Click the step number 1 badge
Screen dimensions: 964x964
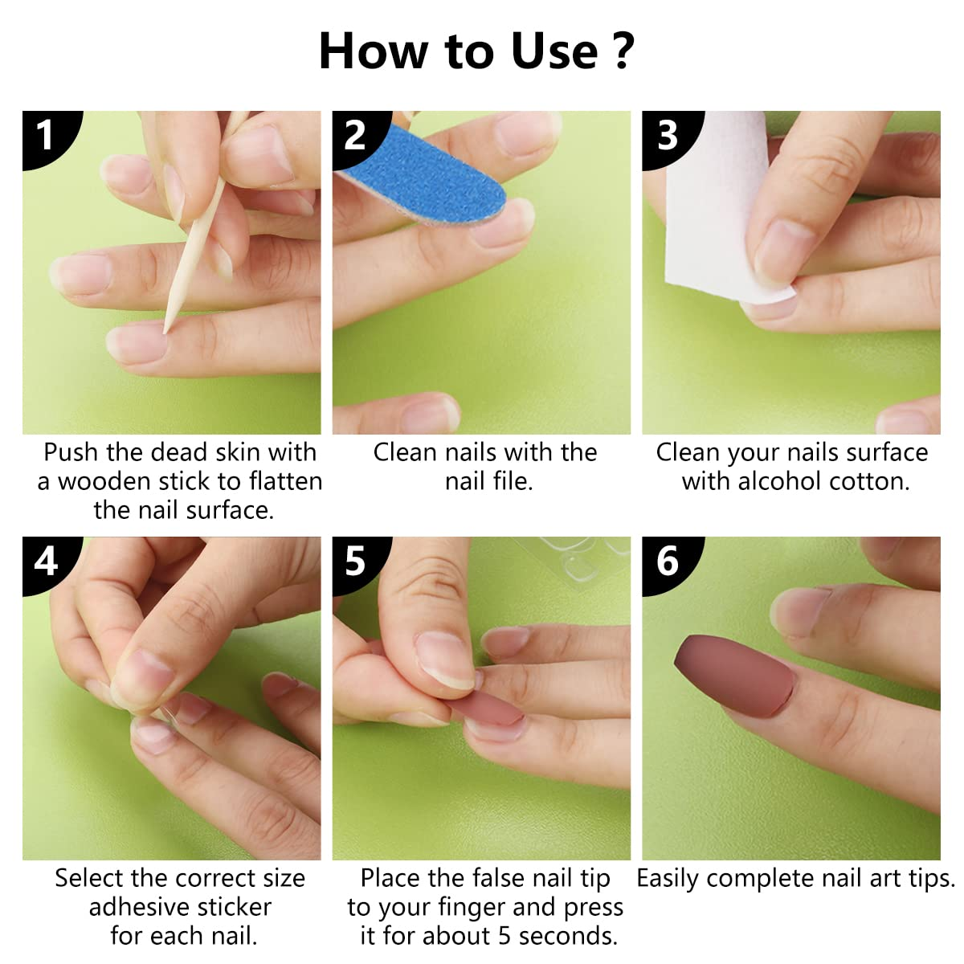47,136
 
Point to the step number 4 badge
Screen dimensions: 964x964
47,562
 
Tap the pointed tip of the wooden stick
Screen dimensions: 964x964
165,333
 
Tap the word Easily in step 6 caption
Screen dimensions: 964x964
668,879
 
